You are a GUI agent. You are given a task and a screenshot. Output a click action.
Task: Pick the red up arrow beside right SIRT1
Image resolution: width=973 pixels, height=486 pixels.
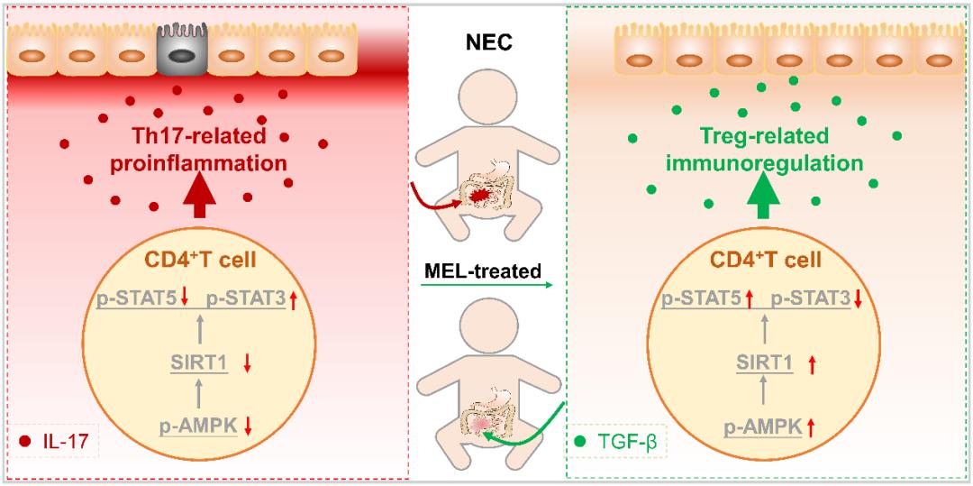812,364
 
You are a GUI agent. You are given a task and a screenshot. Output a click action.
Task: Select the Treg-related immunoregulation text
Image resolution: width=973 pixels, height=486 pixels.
764,151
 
